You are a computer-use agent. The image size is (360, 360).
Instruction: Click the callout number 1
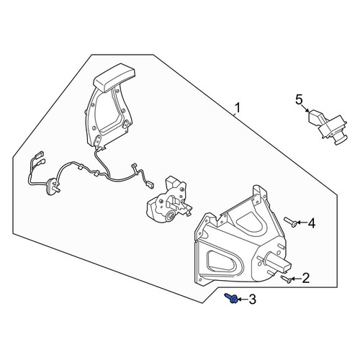pyautogui.click(x=237, y=108)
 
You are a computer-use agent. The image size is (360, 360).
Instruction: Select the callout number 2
pyautogui.click(x=306, y=279)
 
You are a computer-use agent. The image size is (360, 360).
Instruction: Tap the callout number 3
pyautogui.click(x=252, y=300)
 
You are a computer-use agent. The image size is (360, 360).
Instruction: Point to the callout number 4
pyautogui.click(x=312, y=223)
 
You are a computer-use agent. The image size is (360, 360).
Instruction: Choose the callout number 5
pyautogui.click(x=299, y=99)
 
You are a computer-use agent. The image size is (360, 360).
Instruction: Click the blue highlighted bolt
pyautogui.click(x=231, y=298)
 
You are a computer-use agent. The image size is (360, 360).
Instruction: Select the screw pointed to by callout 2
pyautogui.click(x=287, y=279)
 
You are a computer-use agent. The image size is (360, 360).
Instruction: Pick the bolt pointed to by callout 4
pyautogui.click(x=291, y=222)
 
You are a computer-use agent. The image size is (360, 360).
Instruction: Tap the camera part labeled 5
pyautogui.click(x=328, y=127)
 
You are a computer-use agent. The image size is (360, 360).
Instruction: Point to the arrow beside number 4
pyautogui.click(x=302, y=223)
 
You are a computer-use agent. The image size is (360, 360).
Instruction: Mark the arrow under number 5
pyautogui.click(x=305, y=108)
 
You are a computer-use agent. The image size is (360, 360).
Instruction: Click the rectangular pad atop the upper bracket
pyautogui.click(x=114, y=77)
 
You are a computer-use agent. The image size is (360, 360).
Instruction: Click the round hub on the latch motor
pyautogui.click(x=171, y=215)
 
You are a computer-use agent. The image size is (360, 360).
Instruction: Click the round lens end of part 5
pyautogui.click(x=341, y=140)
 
